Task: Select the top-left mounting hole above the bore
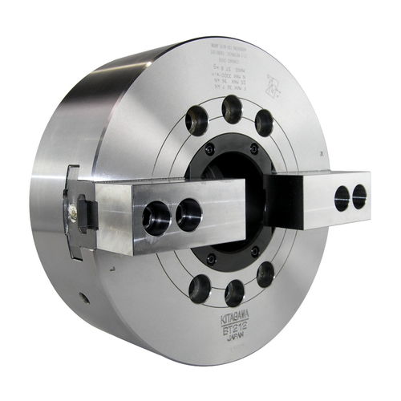coord(196,120)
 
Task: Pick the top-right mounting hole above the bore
coord(264,123)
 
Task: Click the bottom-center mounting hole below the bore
coord(234,293)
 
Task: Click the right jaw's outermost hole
coord(359,195)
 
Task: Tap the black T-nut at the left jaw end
coord(85,213)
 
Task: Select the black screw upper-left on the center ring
coord(210,150)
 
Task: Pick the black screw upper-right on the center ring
coord(254,150)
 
